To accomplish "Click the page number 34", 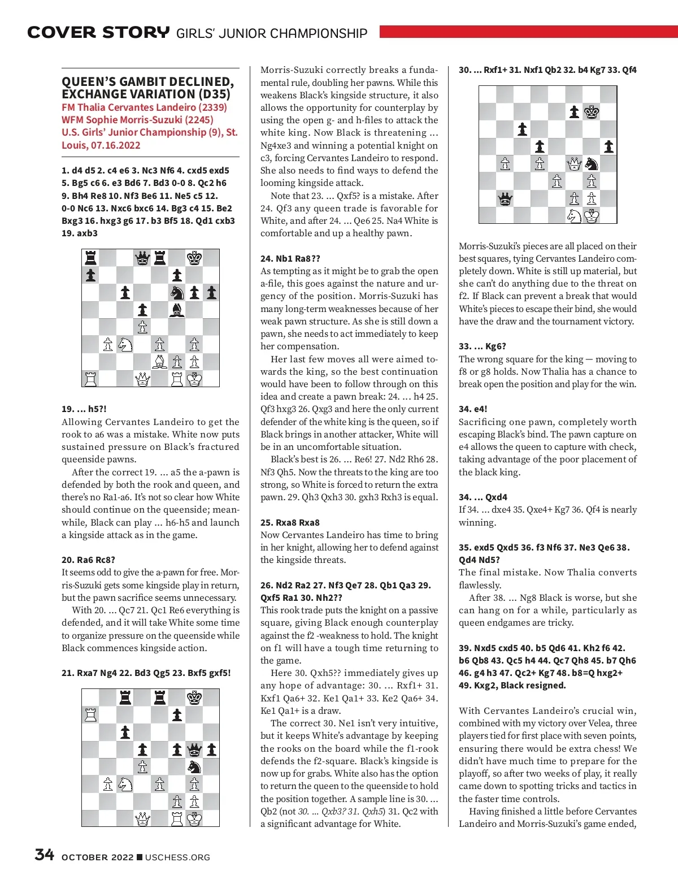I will (x=44, y=854).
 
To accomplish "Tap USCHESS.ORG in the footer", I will (x=177, y=857).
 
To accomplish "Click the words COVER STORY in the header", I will (x=98, y=33).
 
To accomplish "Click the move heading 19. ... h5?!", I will (x=84, y=409).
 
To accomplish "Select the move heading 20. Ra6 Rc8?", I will (x=88, y=560).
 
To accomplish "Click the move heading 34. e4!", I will (x=473, y=409).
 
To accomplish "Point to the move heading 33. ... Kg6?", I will (x=483, y=346).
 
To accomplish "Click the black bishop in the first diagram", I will (x=177, y=310).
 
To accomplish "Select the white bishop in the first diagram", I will (x=160, y=362).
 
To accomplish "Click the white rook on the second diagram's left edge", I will (x=90, y=714).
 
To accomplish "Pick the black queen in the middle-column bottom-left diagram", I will (x=194, y=749).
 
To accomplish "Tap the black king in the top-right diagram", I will (x=592, y=112).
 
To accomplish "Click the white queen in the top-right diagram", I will (x=574, y=164).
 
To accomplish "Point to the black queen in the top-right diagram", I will (x=505, y=198).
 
